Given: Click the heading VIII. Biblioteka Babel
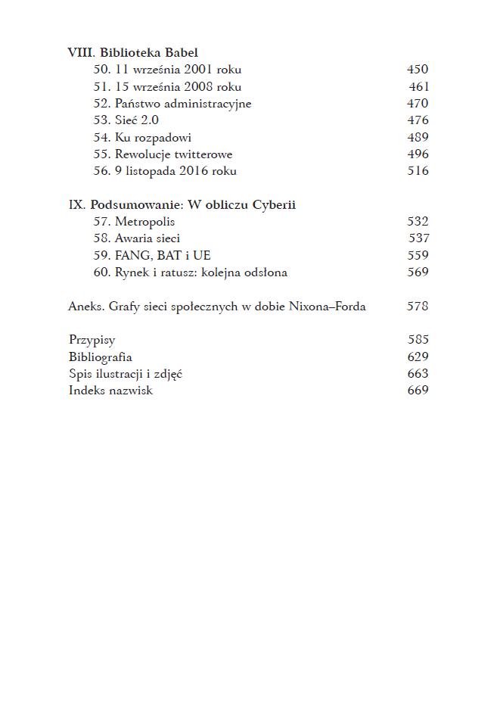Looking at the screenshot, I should coord(132,53).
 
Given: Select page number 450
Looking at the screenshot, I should coord(418,70).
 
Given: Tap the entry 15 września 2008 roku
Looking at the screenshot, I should coord(178,86).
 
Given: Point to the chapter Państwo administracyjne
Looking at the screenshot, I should coord(183,104).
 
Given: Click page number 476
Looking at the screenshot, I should coord(418,120).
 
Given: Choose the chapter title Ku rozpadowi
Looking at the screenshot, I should coord(153,137).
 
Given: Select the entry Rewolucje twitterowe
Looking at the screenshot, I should coord(173,154).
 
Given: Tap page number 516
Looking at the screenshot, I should coord(418,171).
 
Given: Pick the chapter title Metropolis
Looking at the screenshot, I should coord(144,222).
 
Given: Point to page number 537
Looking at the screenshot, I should coord(418,238).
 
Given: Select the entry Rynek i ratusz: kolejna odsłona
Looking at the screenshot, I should coord(201,272).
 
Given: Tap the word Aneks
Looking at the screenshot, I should coord(84,307).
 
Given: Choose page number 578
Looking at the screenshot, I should coord(418,307).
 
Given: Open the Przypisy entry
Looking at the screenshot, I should coord(92,341).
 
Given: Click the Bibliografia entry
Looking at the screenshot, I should coord(100,357).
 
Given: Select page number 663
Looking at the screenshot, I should coord(418,374).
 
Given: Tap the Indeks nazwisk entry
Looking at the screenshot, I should coord(110,391).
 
